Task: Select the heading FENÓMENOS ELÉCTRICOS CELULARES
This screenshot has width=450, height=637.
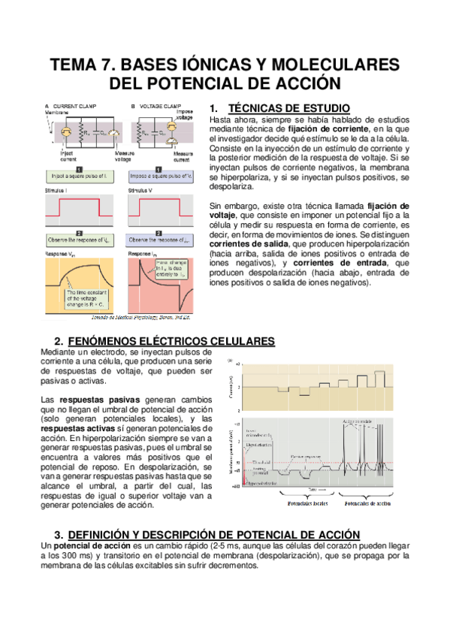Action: point(171,342)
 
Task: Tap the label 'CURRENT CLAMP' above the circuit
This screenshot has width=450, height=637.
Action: point(76,106)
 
